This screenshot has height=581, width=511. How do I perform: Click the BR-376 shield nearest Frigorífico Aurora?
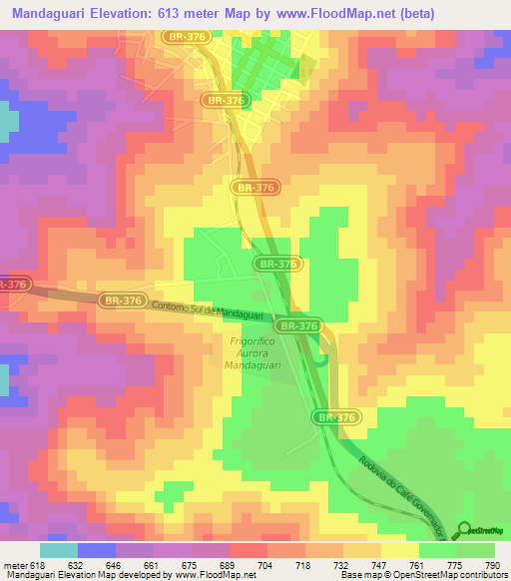(298, 325)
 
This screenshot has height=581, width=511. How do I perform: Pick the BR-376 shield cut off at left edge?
(12, 285)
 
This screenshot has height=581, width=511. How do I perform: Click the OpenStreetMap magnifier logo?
(465, 529)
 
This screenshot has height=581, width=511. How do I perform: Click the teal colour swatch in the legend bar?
(58, 550)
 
